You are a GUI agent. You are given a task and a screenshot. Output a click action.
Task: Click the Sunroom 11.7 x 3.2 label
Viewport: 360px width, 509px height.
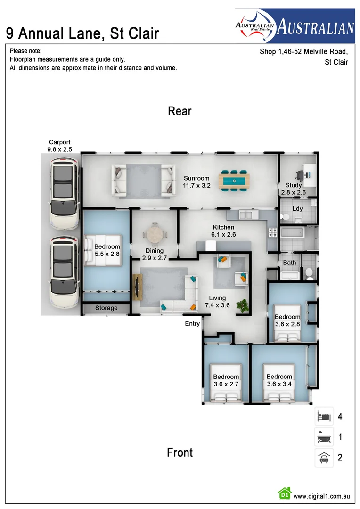(196, 182)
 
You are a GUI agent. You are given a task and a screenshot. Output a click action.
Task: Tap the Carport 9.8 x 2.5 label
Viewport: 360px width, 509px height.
(60, 146)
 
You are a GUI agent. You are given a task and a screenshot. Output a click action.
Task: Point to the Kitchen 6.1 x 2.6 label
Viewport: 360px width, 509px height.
(223, 230)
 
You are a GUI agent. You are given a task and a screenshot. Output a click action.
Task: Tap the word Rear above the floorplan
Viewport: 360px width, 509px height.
(180, 111)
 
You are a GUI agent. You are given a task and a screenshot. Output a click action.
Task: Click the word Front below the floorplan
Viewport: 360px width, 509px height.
(180, 452)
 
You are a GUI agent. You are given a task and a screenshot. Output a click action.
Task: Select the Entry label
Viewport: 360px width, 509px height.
(192, 324)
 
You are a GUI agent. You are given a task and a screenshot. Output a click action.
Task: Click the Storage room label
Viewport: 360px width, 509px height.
(106, 308)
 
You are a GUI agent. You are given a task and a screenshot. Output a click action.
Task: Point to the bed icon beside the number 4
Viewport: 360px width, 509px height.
(324, 417)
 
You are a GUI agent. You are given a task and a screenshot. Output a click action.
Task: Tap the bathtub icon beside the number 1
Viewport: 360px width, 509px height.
(324, 437)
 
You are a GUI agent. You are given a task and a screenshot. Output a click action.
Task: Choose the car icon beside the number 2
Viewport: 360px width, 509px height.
(324, 457)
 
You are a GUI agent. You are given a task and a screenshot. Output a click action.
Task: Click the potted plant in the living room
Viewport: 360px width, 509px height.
(243, 305)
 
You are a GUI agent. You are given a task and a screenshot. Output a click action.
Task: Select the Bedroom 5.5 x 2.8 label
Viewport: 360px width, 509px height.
(107, 250)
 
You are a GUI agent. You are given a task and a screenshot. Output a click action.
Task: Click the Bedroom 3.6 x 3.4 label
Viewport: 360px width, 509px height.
(279, 380)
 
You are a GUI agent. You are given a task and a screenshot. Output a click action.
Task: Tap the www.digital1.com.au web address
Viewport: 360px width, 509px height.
(321, 496)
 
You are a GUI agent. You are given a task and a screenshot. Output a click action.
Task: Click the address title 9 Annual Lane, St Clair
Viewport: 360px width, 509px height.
(82, 33)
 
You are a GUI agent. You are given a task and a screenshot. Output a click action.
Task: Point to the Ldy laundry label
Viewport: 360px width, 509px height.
(297, 209)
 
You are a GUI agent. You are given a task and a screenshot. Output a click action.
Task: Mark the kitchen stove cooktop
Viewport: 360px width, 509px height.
(273, 232)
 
